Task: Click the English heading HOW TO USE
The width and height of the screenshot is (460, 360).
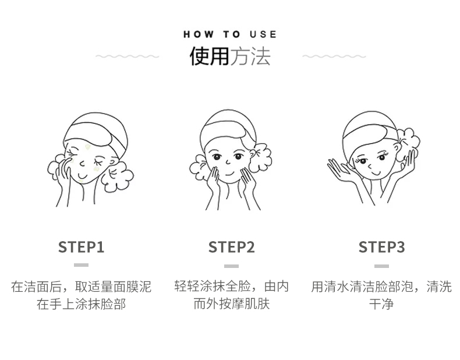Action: click(230, 34)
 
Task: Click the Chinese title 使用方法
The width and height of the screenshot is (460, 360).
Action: click(230, 57)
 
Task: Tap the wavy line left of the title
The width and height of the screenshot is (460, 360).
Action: click(127, 57)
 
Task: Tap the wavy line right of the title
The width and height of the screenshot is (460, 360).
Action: click(334, 57)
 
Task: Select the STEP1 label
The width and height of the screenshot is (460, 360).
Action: click(81, 247)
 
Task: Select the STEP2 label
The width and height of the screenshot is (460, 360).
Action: click(231, 247)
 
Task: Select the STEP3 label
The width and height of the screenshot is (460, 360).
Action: click(381, 247)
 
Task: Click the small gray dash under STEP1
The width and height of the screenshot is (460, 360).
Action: click(81, 265)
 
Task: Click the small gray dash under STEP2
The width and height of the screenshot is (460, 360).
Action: click(231, 265)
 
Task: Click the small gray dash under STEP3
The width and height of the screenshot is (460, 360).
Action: click(381, 265)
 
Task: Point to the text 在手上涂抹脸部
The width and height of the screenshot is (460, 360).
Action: click(81, 304)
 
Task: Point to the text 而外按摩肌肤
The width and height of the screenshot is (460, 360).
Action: click(231, 304)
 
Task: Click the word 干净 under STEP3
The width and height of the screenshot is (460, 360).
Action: click(381, 304)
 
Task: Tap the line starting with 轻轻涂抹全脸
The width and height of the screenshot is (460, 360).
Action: click(231, 286)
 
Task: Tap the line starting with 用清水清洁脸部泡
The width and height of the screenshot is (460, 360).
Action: click(381, 286)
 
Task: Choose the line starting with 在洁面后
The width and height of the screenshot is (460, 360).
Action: click(81, 286)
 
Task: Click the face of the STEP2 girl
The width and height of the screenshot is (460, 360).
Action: click(227, 160)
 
